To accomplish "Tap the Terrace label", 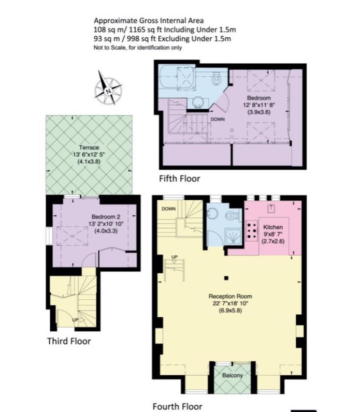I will click(x=89, y=148).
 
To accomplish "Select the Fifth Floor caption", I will click(x=179, y=179).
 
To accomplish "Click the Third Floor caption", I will click(x=69, y=341).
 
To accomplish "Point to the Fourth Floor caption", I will click(x=177, y=406).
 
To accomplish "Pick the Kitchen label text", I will click(x=272, y=228).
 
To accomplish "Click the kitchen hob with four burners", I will click(x=252, y=230).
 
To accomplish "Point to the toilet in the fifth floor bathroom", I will click(x=217, y=79).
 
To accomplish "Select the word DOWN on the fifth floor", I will click(x=218, y=120).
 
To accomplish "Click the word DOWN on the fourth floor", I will click(x=168, y=209).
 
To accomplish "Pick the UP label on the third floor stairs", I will click(x=75, y=320).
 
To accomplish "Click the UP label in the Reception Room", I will click(x=175, y=257).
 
